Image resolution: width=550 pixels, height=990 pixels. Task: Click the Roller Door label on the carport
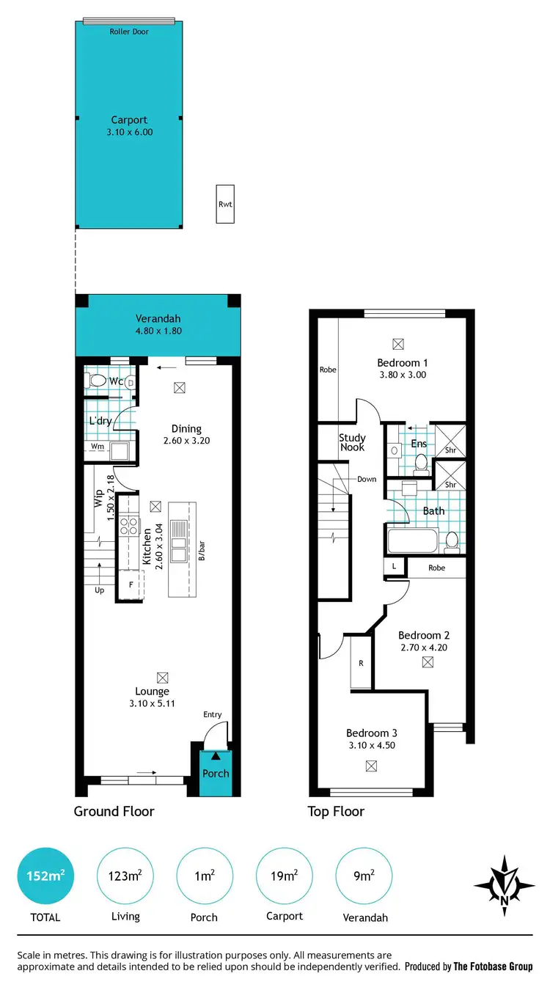[129, 32]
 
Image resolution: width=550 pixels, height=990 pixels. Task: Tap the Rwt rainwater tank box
[225, 205]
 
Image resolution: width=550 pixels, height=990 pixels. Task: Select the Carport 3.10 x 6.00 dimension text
[129, 132]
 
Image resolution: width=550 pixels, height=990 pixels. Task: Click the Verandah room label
[158, 319]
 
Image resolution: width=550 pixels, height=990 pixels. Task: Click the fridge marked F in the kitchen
[131, 584]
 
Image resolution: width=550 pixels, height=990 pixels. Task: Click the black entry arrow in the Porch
[215, 755]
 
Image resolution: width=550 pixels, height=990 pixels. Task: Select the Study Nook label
[352, 442]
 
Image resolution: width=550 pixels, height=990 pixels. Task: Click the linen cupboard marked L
[394, 567]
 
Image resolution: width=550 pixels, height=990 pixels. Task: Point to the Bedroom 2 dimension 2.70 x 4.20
[424, 648]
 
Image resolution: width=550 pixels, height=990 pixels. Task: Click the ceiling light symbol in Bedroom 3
[371, 766]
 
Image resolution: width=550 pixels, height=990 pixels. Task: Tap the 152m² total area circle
[45, 876]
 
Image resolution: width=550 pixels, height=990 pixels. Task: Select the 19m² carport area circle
[284, 876]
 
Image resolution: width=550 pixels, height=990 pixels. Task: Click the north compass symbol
[504, 886]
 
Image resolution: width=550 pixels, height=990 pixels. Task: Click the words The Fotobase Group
[493, 967]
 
